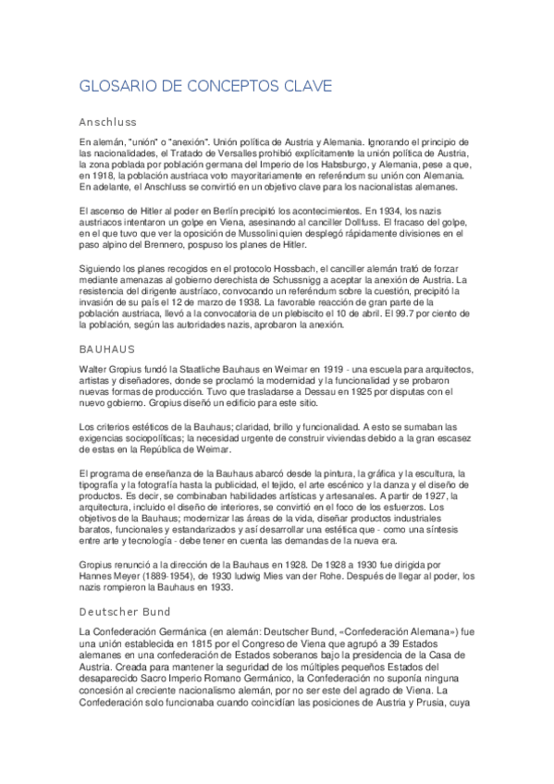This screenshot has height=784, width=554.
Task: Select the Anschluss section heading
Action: click(107, 121)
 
